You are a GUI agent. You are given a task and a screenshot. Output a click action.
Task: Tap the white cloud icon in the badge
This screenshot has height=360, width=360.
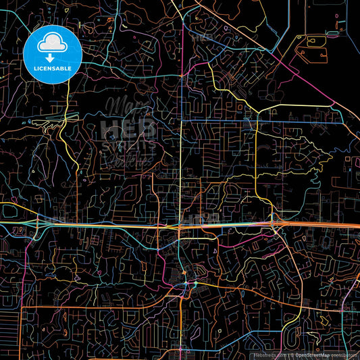[x=51, y=42]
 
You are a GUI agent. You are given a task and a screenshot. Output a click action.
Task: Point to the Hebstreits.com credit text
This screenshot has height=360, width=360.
[x=268, y=354]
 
